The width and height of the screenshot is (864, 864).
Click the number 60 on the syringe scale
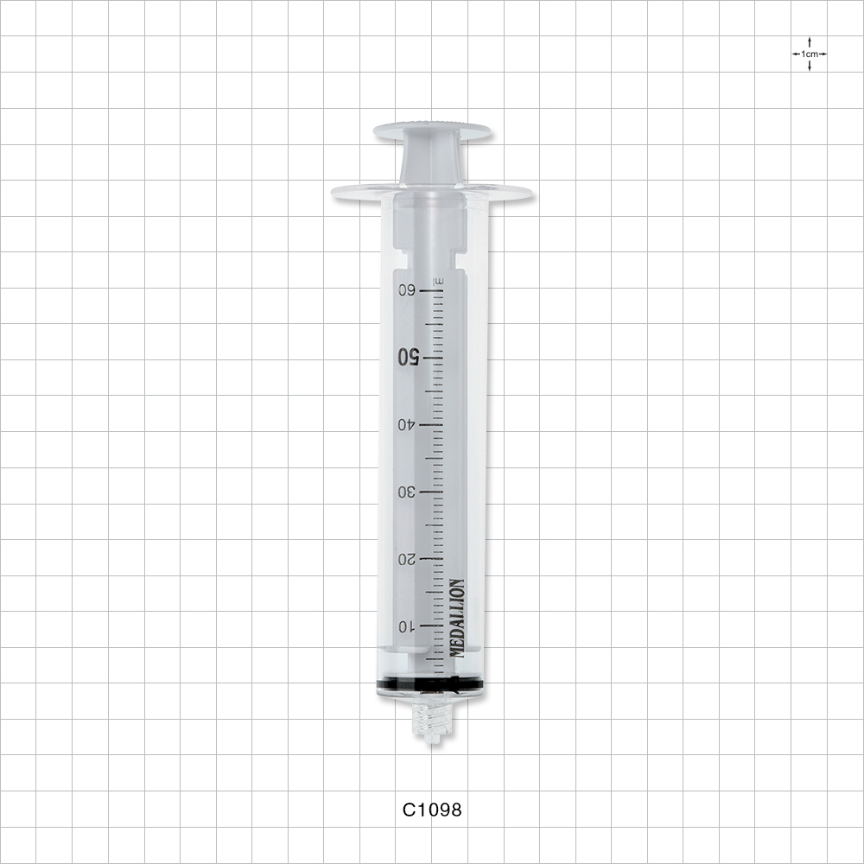click(x=406, y=290)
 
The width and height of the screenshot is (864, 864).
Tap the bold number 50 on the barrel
click(x=408, y=357)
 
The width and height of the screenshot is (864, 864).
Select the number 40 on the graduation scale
click(x=406, y=424)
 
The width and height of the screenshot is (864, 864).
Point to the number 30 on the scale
click(x=406, y=492)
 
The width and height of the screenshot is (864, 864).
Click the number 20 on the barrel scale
click(x=406, y=559)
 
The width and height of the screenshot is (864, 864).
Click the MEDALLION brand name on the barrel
click(x=457, y=618)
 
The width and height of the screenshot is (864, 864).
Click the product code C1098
click(x=432, y=810)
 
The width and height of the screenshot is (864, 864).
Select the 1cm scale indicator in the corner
click(x=809, y=54)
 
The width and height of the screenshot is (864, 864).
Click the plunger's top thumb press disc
click(x=432, y=131)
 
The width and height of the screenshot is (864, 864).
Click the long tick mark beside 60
click(x=431, y=291)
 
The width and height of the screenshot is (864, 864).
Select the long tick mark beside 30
click(x=431, y=492)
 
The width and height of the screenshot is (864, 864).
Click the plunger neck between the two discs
click(x=432, y=161)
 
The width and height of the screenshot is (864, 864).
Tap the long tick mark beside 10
click(x=431, y=626)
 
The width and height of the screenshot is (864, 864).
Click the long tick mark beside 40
click(x=431, y=425)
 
